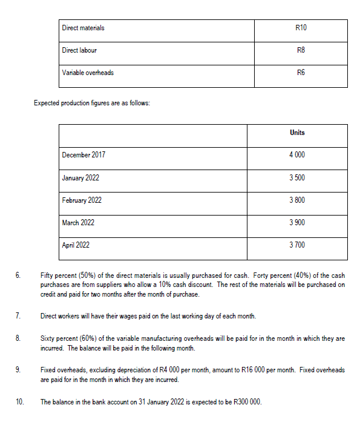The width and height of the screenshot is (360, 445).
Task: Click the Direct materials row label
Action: (x=83, y=28)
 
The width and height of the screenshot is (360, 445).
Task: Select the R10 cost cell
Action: (x=301, y=28)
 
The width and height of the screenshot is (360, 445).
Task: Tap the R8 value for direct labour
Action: (x=301, y=50)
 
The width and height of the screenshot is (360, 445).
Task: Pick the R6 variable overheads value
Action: (x=301, y=73)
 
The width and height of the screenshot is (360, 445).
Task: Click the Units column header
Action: (x=297, y=132)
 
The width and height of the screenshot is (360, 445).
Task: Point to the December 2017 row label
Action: (x=83, y=155)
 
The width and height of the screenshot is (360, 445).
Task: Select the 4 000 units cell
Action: (x=297, y=155)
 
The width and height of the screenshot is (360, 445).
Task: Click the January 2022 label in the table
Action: (x=80, y=178)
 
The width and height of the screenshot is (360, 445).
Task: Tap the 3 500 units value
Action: (x=297, y=178)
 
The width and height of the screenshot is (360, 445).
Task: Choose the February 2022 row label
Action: (x=82, y=200)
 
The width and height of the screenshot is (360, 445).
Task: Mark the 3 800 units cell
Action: (x=297, y=200)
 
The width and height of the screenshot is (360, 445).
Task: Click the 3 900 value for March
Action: (x=297, y=223)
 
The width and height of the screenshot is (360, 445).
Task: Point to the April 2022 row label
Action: (x=76, y=245)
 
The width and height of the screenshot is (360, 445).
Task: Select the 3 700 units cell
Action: (x=297, y=245)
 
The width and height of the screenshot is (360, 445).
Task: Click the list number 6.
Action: (x=18, y=275)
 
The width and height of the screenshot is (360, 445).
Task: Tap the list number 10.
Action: (x=19, y=401)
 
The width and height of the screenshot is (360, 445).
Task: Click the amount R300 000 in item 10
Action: (x=243, y=401)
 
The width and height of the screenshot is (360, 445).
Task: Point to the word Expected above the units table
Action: (x=47, y=102)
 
